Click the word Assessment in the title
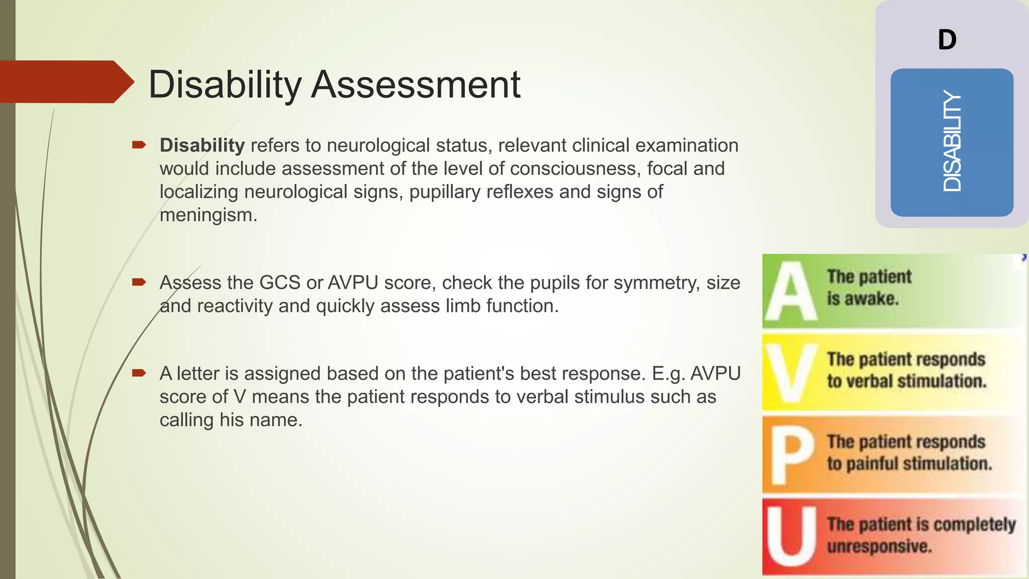click(x=416, y=84)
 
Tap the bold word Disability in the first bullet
click(x=202, y=146)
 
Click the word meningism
click(x=208, y=215)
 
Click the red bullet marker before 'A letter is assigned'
click(x=139, y=373)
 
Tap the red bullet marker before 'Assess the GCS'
click(x=139, y=282)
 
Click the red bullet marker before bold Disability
click(x=139, y=145)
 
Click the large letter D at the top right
click(x=947, y=40)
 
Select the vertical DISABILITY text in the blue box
click(x=952, y=142)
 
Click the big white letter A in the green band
click(x=790, y=292)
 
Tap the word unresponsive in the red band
click(x=879, y=546)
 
